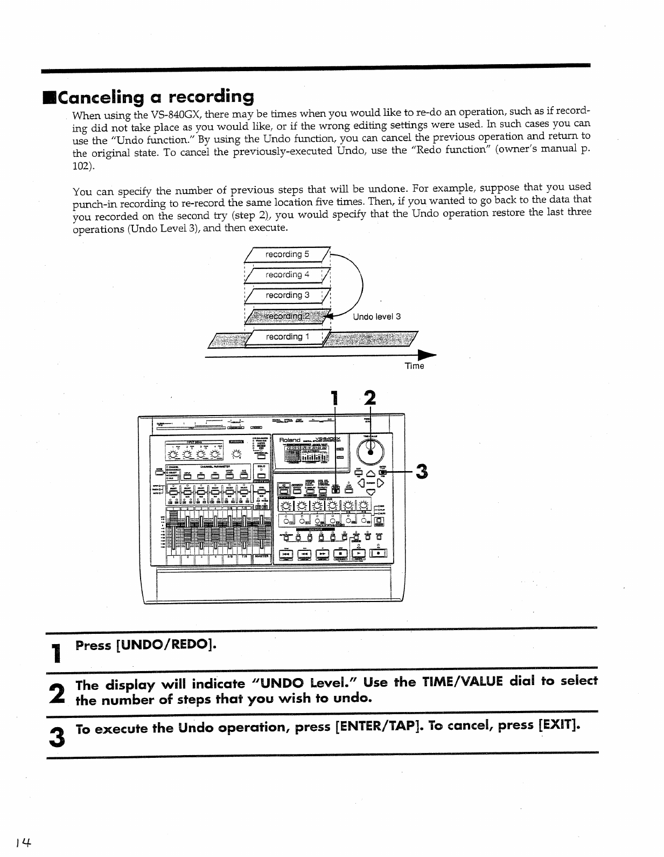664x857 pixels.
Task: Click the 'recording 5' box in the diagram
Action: (x=287, y=254)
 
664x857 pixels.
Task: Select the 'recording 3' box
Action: (x=287, y=295)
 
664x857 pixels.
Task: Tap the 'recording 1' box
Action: (x=287, y=337)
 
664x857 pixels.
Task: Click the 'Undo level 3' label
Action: (x=376, y=317)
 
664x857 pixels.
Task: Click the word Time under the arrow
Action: (x=414, y=367)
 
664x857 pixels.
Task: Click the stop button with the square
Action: (x=341, y=554)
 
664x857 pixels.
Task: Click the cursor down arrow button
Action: (x=370, y=492)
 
